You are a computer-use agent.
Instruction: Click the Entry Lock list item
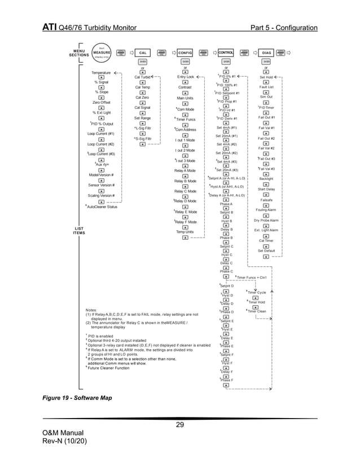tap(186, 77)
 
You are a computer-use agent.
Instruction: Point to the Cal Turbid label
tap(142, 77)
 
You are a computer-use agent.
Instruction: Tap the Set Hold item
tap(266, 77)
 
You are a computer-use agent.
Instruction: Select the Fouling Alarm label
tap(266, 210)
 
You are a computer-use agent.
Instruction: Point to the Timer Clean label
tap(257, 311)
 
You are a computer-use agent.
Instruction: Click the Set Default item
tap(266, 250)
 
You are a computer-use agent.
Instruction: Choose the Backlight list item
tap(266, 179)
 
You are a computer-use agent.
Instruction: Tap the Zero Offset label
tap(101, 103)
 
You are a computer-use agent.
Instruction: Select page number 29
tap(180, 425)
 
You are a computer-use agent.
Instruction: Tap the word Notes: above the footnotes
tap(93, 310)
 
